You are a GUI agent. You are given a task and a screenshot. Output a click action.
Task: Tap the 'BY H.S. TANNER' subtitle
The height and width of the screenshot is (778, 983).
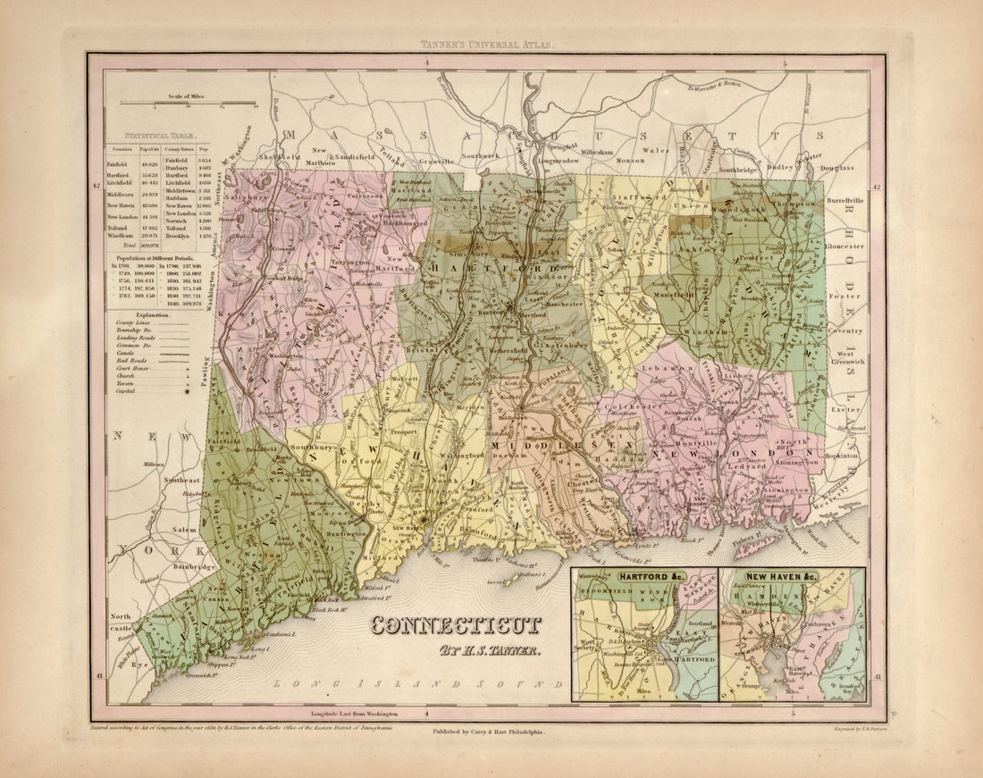pos(489,650)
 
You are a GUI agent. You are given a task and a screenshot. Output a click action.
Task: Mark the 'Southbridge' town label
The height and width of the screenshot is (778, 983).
pos(738,168)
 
